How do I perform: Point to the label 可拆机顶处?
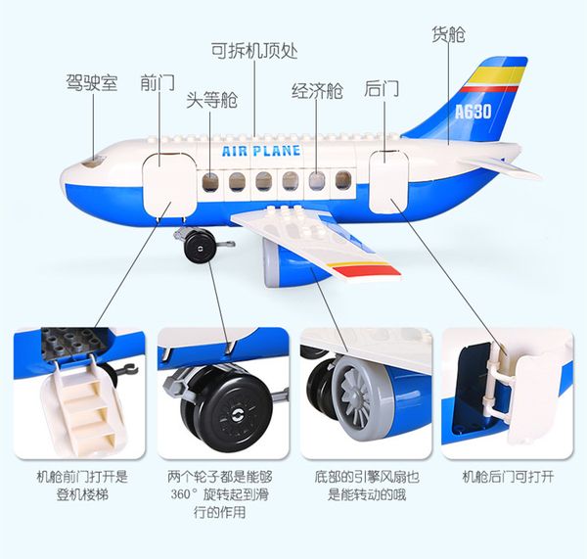pyautogui.click(x=254, y=50)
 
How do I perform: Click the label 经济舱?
pyautogui.click(x=317, y=92)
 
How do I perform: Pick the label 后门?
pyautogui.click(x=382, y=89)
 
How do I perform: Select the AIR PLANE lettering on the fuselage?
pyautogui.click(x=261, y=152)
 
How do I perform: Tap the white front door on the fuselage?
pyautogui.click(x=163, y=182)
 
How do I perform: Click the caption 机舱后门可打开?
pyautogui.click(x=508, y=479)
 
